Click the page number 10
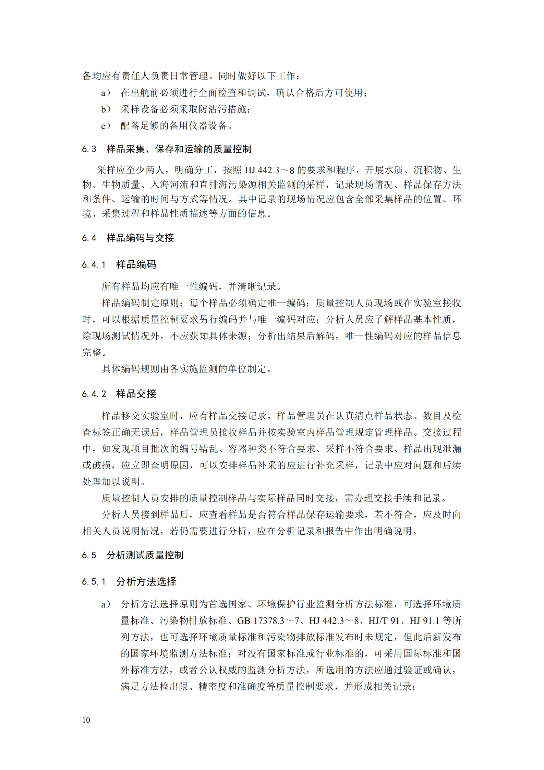pos(86,720)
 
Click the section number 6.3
pos(89,149)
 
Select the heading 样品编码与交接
pos(140,238)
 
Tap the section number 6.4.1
pos(94,264)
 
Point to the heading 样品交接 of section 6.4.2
pos(136,394)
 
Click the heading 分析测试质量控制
pos(145,555)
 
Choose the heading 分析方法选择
pos(146,581)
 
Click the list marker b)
pos(106,109)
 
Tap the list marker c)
pos(106,126)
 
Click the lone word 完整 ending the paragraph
pos(92,352)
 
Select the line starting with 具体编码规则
pos(187,369)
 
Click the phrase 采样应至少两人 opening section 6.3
pos(131,170)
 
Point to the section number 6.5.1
pos(94,581)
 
